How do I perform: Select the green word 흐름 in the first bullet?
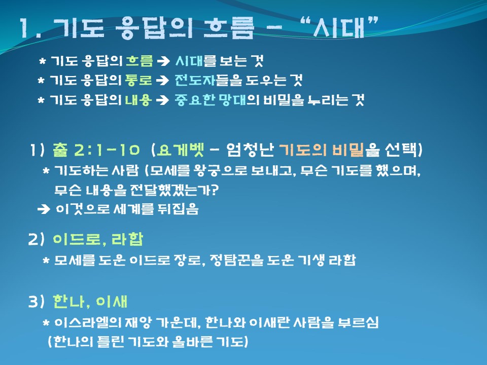coord(140,61)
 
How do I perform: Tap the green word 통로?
coord(138,80)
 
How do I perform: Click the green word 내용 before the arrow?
coord(138,100)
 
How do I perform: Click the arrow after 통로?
coord(162,81)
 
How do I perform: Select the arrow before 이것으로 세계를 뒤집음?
coord(44,209)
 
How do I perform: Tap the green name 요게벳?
coord(181,150)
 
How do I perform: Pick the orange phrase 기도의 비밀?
coord(322,150)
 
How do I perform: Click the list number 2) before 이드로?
coord(37,239)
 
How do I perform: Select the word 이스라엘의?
coord(88,323)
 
